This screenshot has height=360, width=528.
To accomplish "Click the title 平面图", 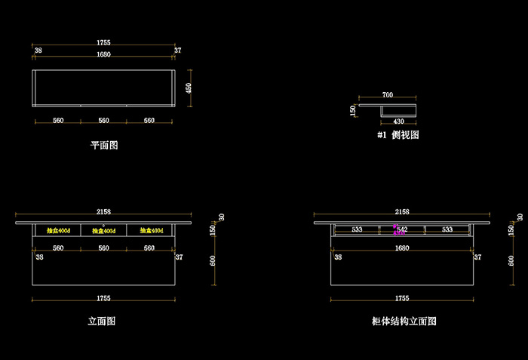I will pyautogui.click(x=104, y=145).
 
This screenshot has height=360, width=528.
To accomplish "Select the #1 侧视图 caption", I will pyautogui.click(x=398, y=135).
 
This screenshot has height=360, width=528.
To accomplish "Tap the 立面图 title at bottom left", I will pyautogui.click(x=102, y=321).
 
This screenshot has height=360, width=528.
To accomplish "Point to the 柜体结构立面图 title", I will pyautogui.click(x=404, y=321).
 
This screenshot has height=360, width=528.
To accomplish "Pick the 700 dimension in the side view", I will pyautogui.click(x=388, y=95).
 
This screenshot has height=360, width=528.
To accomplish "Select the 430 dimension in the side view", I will pyautogui.click(x=398, y=122).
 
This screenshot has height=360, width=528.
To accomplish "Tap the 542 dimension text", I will pyautogui.click(x=403, y=229).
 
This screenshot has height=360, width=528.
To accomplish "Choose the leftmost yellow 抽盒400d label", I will pyautogui.click(x=58, y=230).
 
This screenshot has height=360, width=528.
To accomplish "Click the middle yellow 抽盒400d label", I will pyautogui.click(x=104, y=230).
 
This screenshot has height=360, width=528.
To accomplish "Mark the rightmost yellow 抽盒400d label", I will pyautogui.click(x=152, y=230).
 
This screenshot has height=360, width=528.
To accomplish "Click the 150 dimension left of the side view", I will pyautogui.click(x=352, y=110).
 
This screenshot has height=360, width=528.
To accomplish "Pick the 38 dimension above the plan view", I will pyautogui.click(x=38, y=51).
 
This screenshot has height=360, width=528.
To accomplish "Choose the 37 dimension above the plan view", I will pyautogui.click(x=177, y=51).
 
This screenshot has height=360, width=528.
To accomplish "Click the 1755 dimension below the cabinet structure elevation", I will pyautogui.click(x=403, y=299).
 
